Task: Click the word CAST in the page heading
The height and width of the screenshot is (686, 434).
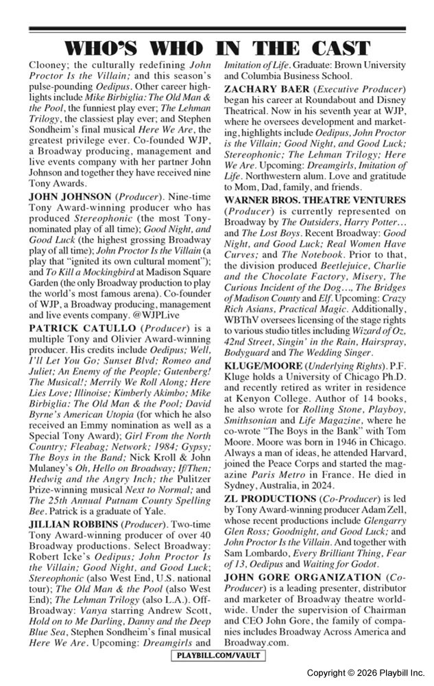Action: (339, 48)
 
